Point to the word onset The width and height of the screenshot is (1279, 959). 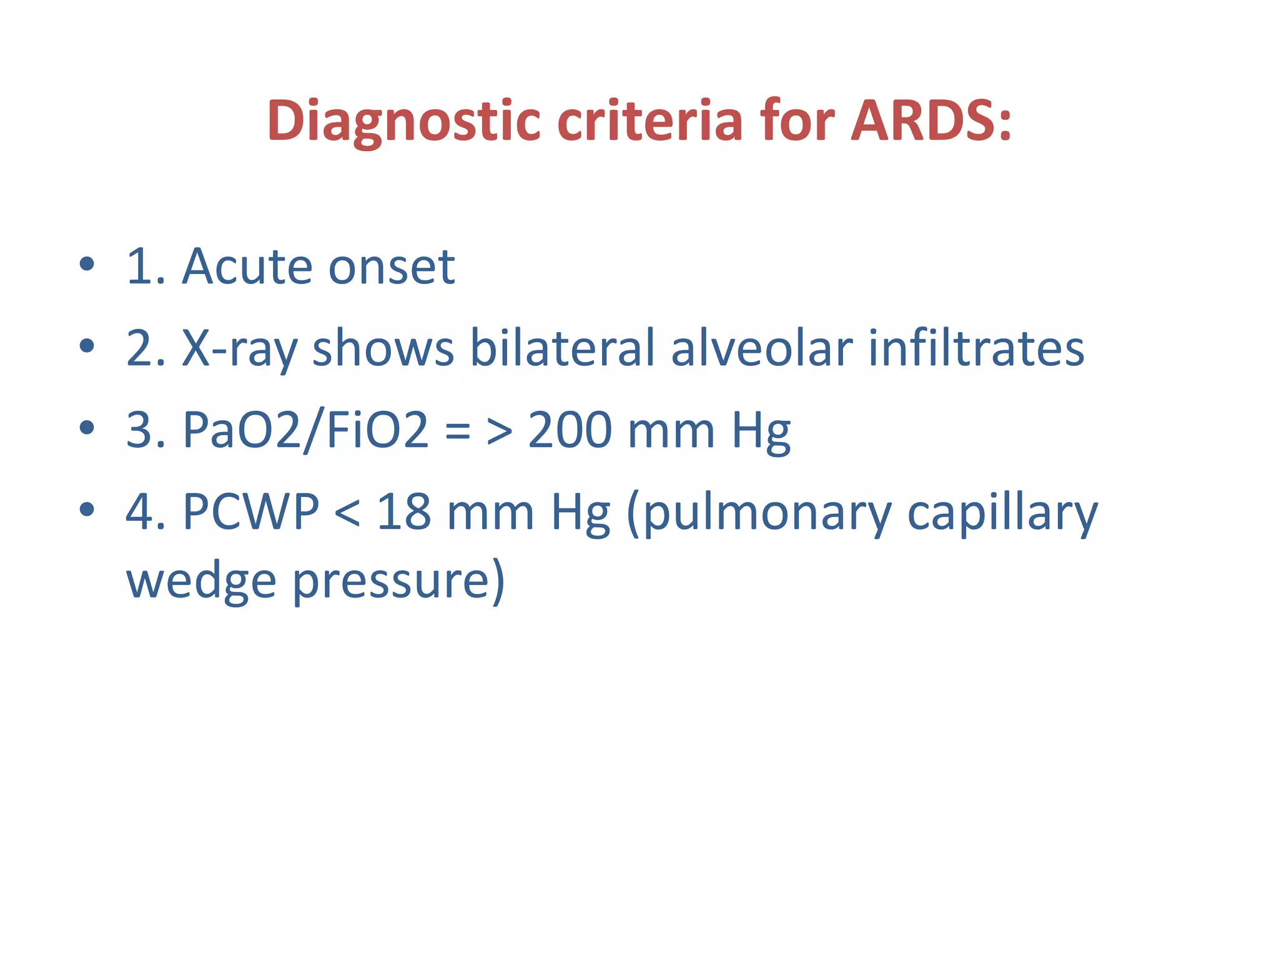point(392,267)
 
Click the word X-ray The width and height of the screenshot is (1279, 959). point(239,348)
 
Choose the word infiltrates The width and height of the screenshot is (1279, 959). point(976,348)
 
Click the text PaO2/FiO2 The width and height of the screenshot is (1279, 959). point(306,430)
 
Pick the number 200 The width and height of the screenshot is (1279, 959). point(570,430)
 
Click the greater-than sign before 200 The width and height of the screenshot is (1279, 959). point(500,431)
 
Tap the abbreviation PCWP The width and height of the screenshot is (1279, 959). point(251,512)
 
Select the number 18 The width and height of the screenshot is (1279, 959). point(403,512)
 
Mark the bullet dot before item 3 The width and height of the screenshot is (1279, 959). point(87,428)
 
